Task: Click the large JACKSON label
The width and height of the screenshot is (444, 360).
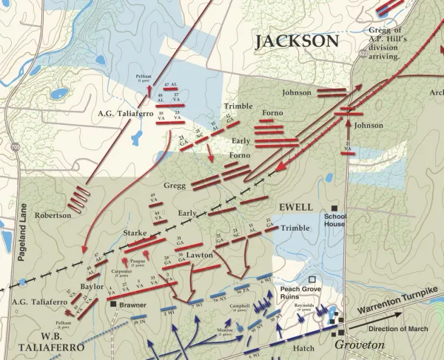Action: (296, 41)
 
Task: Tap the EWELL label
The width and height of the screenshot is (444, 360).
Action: (295, 206)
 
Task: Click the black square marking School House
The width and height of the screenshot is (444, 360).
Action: (334, 208)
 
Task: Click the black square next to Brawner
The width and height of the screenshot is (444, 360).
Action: (113, 304)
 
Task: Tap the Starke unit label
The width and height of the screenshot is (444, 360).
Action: (135, 233)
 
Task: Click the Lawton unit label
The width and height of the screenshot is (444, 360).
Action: (201, 254)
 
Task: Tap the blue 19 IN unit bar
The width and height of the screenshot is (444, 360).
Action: (138, 323)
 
